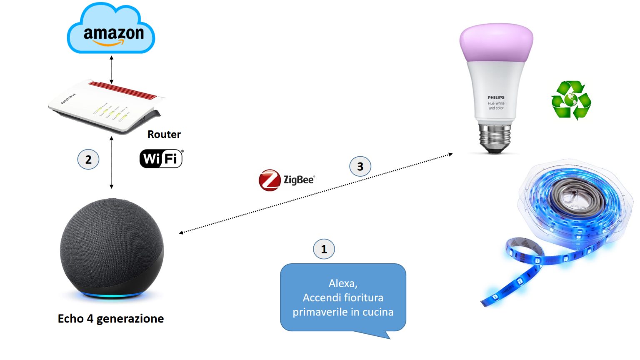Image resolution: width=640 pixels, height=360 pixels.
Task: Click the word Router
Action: click(164, 134)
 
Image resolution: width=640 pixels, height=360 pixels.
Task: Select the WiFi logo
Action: click(161, 158)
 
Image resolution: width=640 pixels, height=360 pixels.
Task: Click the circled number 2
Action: click(88, 160)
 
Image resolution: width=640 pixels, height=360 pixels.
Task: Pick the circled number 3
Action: click(360, 167)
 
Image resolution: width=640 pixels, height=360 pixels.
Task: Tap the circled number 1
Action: click(324, 249)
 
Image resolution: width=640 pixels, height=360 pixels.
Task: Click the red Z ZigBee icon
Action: click(270, 180)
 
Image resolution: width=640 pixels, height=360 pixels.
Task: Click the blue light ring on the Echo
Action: click(112, 295)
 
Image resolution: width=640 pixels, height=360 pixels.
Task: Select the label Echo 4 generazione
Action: click(111, 319)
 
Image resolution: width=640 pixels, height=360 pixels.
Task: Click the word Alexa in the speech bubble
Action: click(342, 283)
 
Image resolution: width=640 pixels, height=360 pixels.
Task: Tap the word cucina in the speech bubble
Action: click(377, 312)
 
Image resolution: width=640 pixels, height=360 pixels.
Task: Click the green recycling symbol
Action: click(571, 100)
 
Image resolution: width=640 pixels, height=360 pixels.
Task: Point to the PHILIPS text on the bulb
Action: click(496, 97)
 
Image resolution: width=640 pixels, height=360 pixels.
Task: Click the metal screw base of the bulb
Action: click(495, 137)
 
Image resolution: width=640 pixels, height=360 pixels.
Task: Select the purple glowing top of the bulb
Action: click(496, 42)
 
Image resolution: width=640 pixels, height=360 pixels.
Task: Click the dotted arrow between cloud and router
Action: click(111, 70)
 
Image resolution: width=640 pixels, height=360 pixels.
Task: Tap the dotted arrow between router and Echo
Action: click(111, 162)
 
